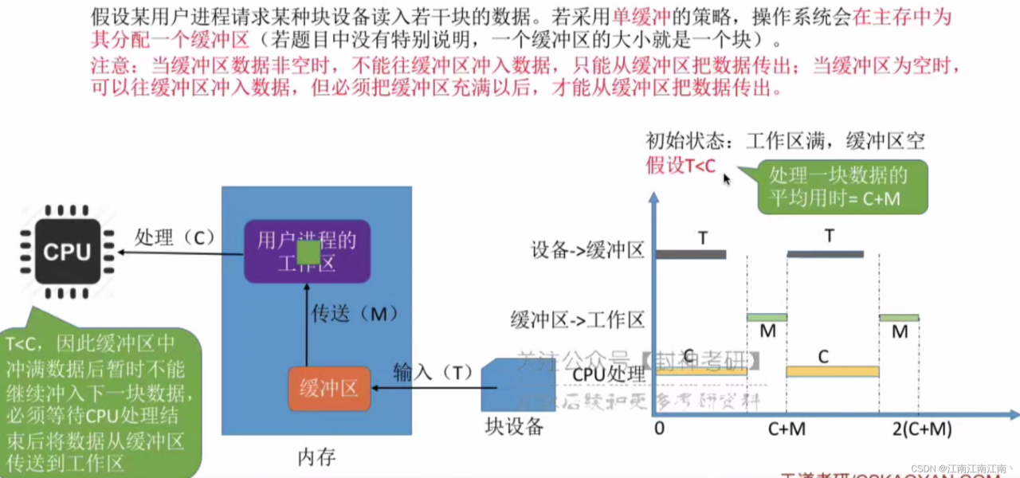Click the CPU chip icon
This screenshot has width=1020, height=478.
(x=67, y=252)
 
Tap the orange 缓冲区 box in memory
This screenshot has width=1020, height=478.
(x=328, y=389)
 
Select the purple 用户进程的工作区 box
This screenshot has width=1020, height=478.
(x=307, y=251)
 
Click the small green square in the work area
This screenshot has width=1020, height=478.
(x=308, y=254)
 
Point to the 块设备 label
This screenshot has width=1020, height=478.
(x=514, y=426)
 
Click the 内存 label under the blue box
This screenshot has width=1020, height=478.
(x=316, y=457)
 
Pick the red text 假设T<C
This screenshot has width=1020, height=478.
(x=681, y=166)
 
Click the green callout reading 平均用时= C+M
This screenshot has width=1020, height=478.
(x=842, y=187)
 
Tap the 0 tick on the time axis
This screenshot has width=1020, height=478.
(x=659, y=429)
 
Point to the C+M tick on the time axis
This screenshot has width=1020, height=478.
(x=787, y=429)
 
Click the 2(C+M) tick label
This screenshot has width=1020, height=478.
(x=921, y=429)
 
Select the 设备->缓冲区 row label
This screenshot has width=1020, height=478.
(x=587, y=250)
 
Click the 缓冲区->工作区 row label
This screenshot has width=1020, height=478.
(x=577, y=320)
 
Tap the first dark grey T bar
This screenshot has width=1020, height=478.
(x=691, y=254)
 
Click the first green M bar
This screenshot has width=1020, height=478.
(x=767, y=317)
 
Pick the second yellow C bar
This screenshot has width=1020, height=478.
(x=832, y=371)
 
